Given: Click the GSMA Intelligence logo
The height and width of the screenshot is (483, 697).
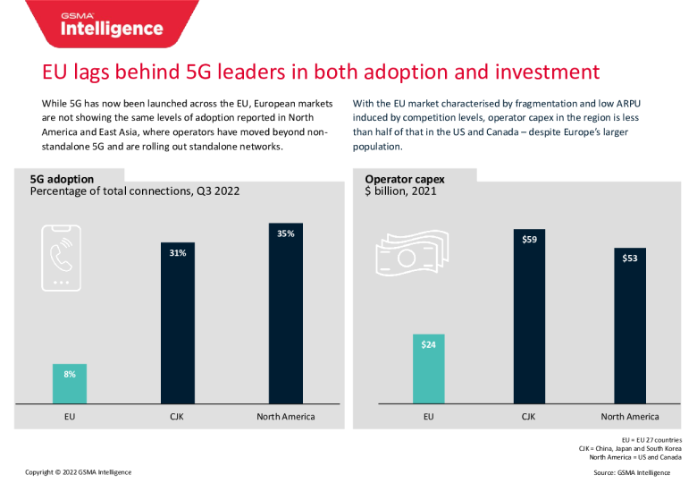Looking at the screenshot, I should point(112,25).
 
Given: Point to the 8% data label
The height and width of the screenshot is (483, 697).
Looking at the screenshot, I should point(70,374).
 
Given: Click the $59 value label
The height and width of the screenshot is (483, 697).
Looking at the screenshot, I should point(529,240).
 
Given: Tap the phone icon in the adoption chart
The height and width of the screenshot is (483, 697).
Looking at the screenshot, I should point(61,255).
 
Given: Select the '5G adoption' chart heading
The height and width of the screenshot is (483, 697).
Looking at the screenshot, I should point(63,179).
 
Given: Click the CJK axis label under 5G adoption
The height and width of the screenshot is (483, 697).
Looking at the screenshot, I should point(177,417).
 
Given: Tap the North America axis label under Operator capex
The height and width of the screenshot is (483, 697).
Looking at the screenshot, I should point(630,417).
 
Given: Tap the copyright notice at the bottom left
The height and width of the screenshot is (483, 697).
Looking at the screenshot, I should point(78,471).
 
